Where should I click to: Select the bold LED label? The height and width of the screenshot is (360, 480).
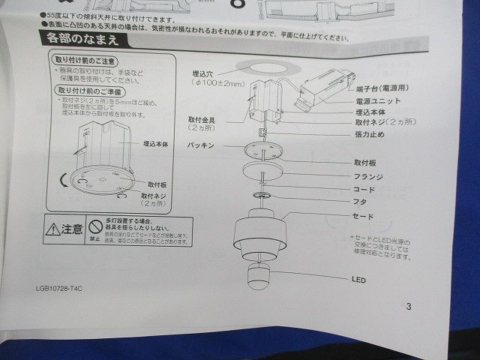[358, 279]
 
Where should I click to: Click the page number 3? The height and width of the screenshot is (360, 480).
[408, 306]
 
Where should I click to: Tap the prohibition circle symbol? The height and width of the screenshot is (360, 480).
[94, 226]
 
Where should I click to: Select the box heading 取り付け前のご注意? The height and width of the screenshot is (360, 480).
[84, 59]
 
